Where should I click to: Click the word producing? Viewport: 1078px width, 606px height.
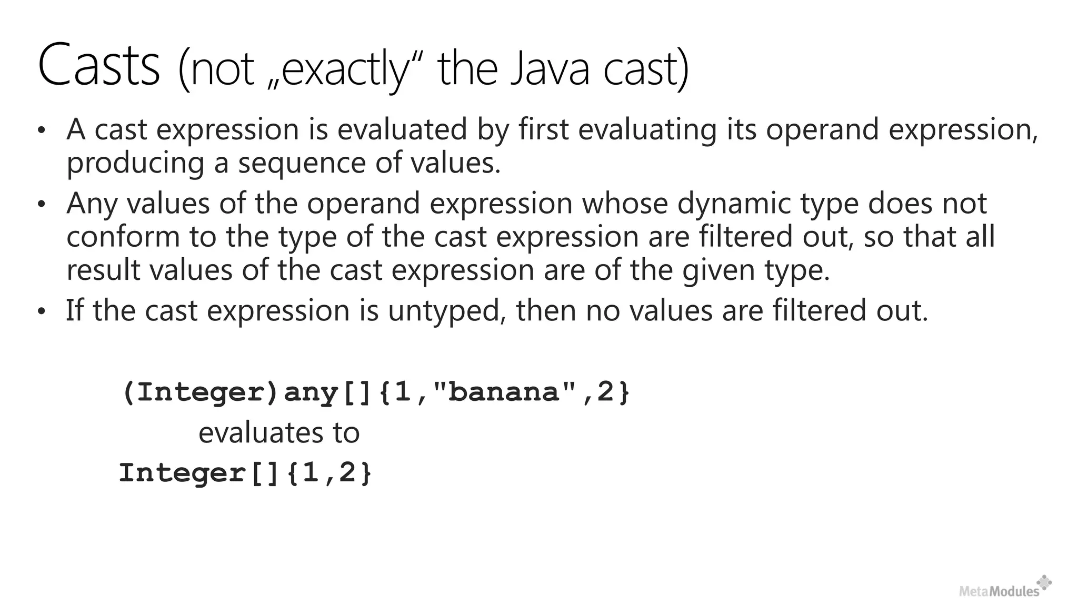[x=135, y=164]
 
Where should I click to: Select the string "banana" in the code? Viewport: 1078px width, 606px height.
[x=505, y=392]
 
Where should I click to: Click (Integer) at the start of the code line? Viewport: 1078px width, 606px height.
[x=200, y=392]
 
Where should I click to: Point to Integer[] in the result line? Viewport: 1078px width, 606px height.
[x=200, y=473]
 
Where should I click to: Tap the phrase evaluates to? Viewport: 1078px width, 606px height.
[x=279, y=433]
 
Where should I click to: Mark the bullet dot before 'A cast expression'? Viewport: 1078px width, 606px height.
[x=42, y=130]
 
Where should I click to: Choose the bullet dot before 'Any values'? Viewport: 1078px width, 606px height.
[x=42, y=204]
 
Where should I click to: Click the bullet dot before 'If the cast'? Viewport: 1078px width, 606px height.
[x=42, y=311]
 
